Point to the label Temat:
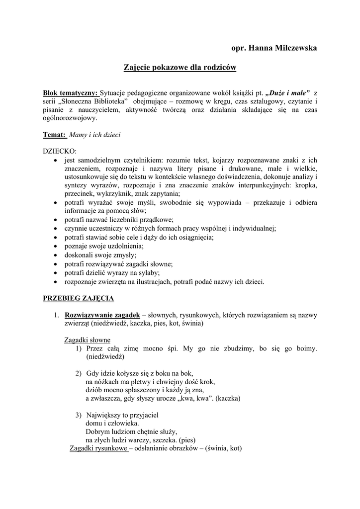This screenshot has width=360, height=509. pos(54,134)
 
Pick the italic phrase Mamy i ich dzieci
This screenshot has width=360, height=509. pos(95,134)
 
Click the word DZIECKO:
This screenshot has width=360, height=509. pos(60,151)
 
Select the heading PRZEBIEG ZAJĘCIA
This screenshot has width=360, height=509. pos(79,298)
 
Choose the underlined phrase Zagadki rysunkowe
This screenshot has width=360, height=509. pos(99,448)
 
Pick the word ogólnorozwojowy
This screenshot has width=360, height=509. pos(71,118)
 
